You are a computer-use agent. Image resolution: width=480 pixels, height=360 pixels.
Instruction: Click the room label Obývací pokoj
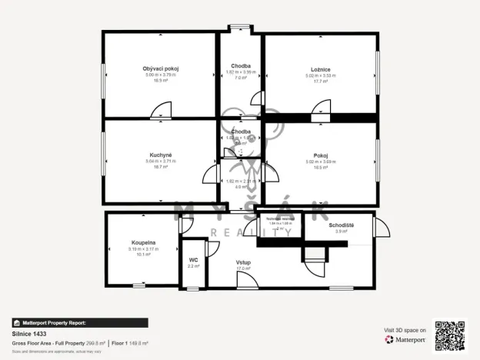click(161, 68)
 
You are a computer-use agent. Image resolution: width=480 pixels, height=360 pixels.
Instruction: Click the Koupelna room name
click(143, 242)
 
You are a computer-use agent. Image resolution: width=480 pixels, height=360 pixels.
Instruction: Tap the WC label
click(193, 260)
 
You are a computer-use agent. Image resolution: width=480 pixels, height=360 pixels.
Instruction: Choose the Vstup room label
click(243, 262)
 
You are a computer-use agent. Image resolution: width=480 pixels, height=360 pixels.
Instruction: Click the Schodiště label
click(341, 225)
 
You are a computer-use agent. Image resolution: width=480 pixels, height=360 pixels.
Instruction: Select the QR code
click(449, 335)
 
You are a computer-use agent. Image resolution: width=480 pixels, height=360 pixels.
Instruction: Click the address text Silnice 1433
click(30, 334)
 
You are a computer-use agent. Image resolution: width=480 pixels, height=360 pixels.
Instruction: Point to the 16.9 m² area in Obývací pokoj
click(161, 80)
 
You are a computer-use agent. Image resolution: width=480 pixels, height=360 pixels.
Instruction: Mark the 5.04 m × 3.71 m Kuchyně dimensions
click(161, 161)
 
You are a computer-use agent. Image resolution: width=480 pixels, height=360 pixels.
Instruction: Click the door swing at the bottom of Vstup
click(247, 280)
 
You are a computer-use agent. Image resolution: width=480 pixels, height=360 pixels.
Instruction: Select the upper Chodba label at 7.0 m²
click(240, 66)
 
